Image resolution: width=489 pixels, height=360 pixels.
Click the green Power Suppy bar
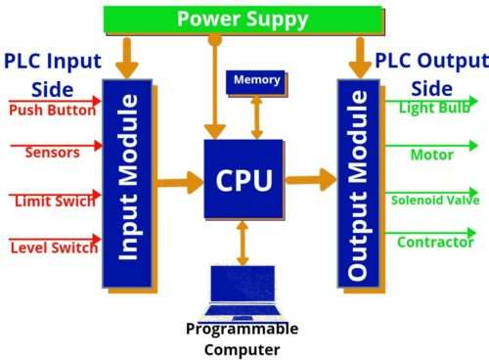[243, 19]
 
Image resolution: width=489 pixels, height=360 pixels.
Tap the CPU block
[244, 179]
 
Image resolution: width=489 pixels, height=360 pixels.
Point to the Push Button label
[52, 110]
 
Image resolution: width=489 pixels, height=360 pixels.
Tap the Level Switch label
[54, 247]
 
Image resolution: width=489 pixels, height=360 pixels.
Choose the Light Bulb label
[432, 108]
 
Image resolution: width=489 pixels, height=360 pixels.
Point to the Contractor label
[434, 243]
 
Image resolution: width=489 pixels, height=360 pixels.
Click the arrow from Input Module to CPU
[178, 181]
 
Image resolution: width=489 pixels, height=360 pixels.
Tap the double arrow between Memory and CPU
[257, 117]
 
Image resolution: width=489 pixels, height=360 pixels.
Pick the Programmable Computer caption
[243, 338]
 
